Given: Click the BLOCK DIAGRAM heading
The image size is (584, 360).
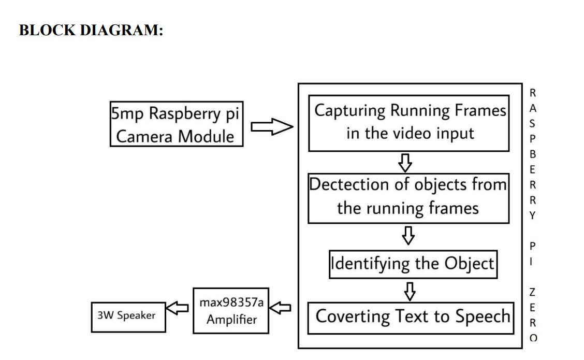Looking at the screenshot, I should (x=91, y=30).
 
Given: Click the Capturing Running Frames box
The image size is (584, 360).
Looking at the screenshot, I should (x=410, y=122).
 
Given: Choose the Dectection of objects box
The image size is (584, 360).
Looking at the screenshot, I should (x=408, y=197).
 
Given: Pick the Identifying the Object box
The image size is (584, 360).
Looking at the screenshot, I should (x=413, y=264).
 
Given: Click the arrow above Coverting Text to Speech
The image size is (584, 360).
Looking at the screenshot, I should (x=410, y=291).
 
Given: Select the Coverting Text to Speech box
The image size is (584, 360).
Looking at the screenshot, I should (x=413, y=316).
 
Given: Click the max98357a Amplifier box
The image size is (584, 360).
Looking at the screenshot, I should (x=231, y=310).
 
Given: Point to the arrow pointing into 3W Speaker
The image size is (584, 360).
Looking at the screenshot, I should (x=179, y=309).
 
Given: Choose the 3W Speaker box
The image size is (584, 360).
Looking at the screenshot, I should (x=127, y=315).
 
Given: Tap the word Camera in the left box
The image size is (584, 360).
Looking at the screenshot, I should (x=145, y=137).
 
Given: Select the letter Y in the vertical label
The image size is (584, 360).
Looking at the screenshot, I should (x=533, y=215).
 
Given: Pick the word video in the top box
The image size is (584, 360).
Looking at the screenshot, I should (x=410, y=133).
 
